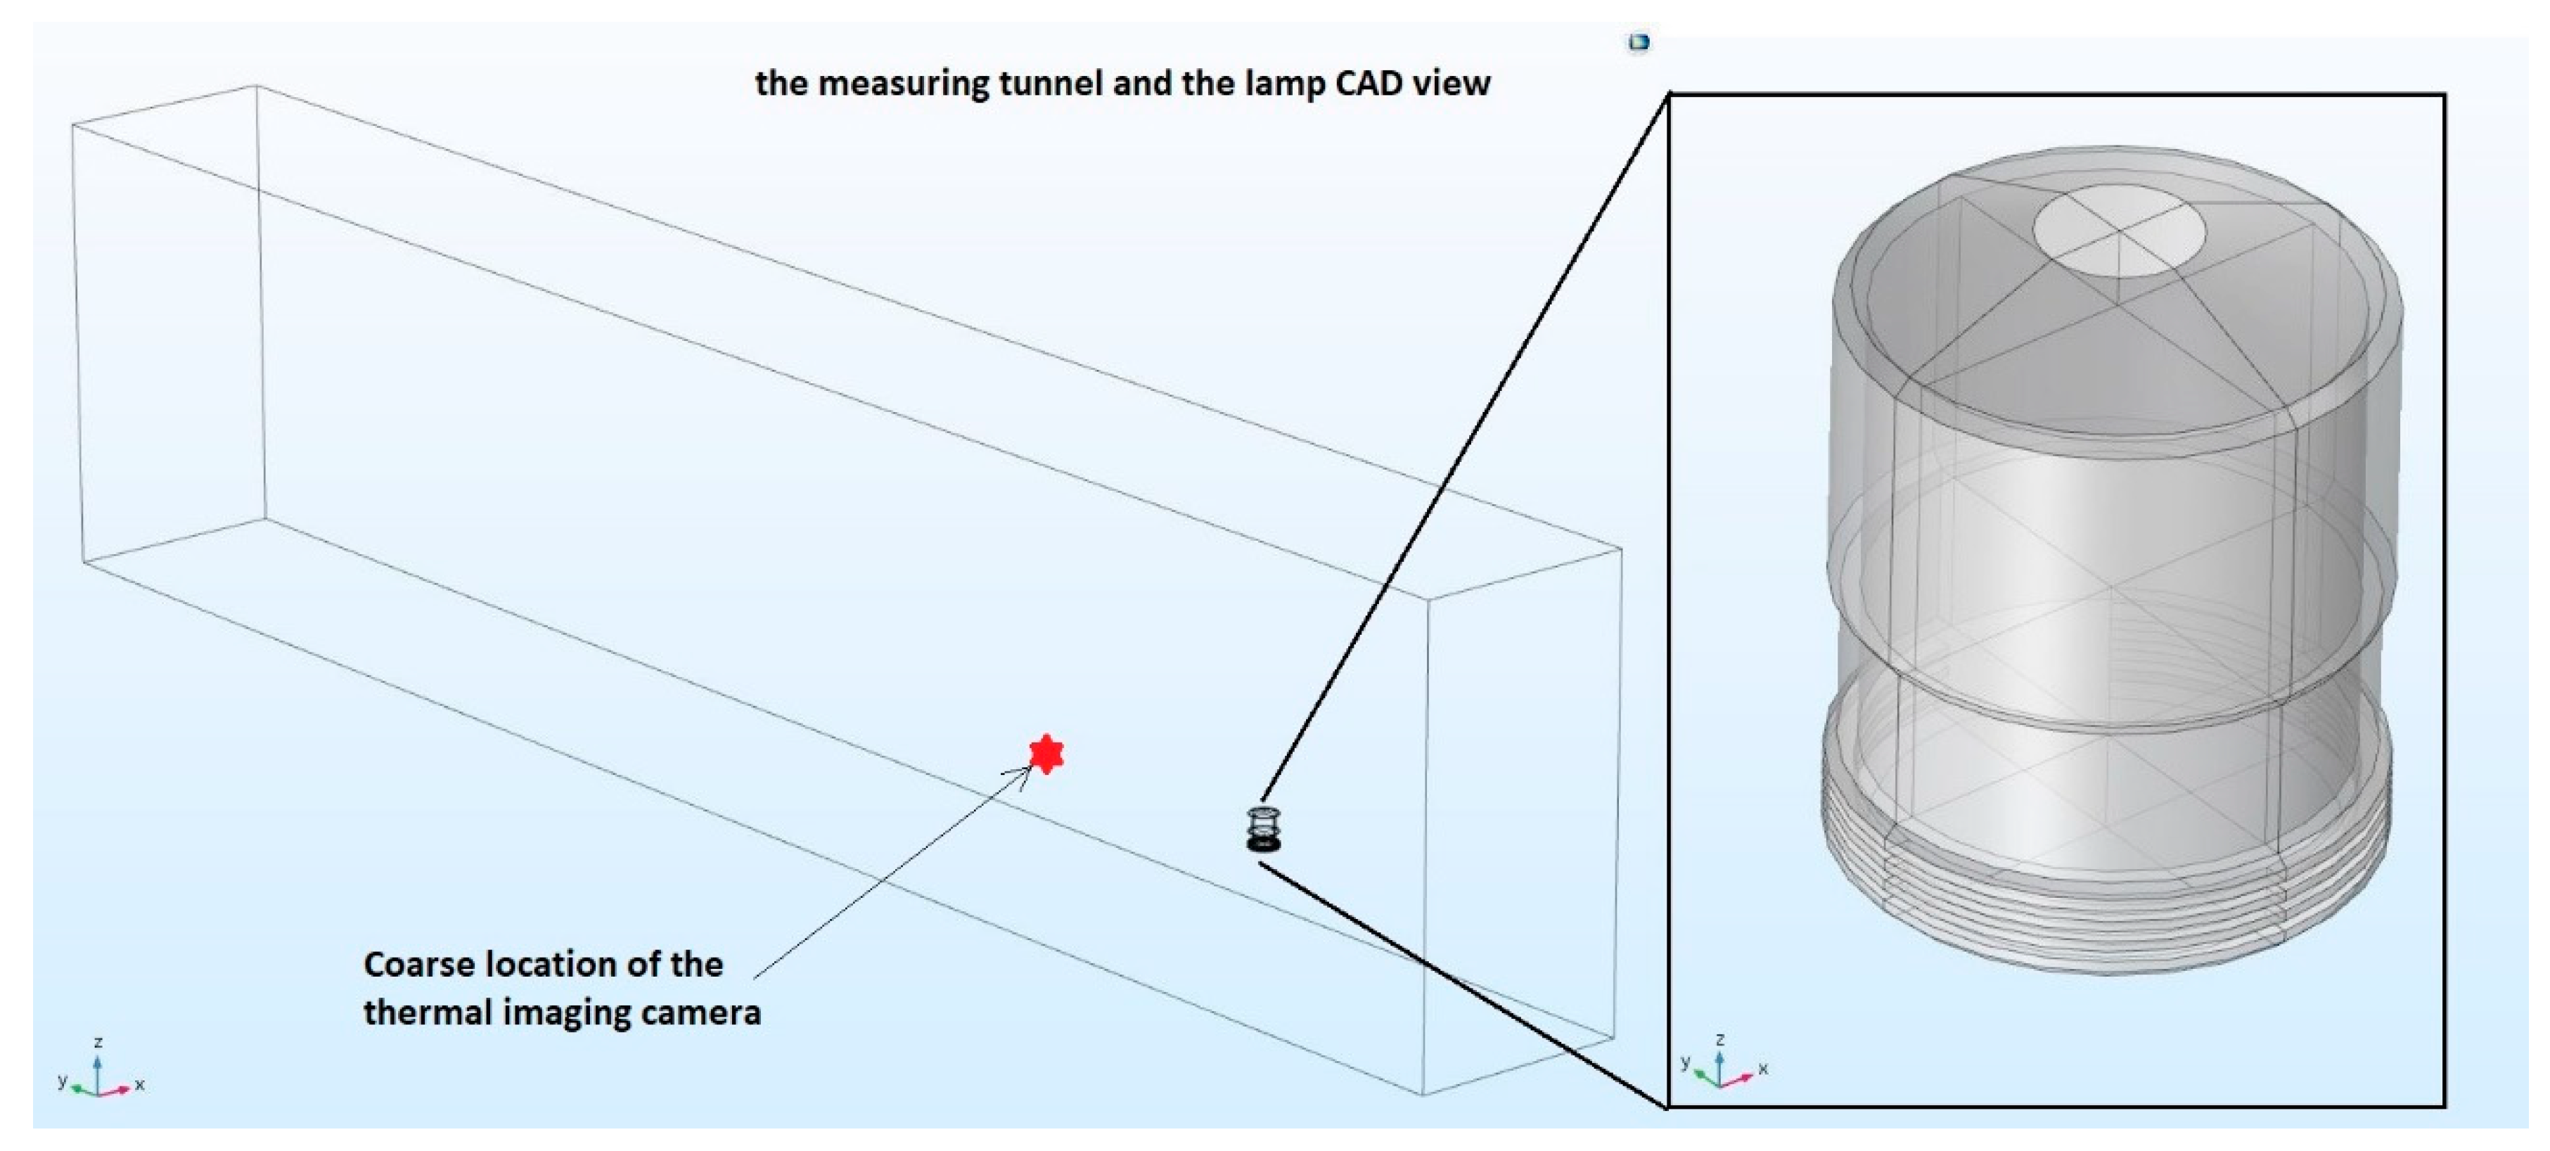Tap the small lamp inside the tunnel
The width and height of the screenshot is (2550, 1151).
pyautogui.click(x=1263, y=830)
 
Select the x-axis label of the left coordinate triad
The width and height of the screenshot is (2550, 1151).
pyautogui.click(x=139, y=1085)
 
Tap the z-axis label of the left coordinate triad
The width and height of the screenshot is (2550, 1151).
pyautogui.click(x=98, y=1042)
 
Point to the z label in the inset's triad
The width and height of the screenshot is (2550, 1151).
pyautogui.click(x=1720, y=1039)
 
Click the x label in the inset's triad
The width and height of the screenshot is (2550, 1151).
pyautogui.click(x=1763, y=1069)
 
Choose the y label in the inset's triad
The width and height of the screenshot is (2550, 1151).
pyautogui.click(x=1685, y=1062)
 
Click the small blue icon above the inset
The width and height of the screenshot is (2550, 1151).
pyautogui.click(x=1639, y=41)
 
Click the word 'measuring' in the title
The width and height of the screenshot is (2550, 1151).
pyautogui.click(x=903, y=83)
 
